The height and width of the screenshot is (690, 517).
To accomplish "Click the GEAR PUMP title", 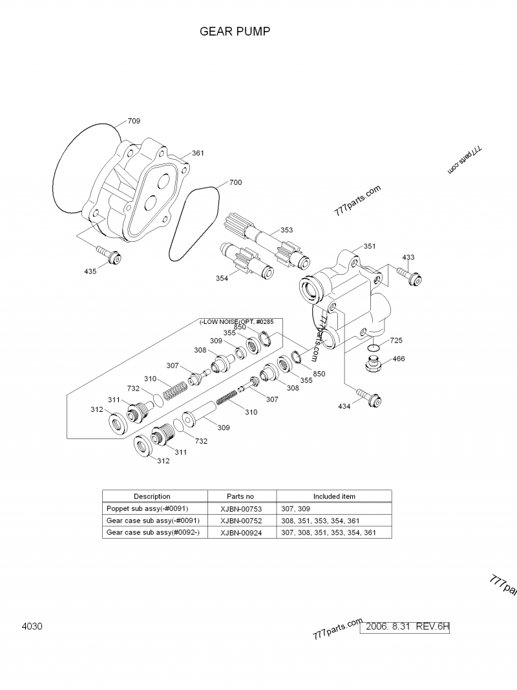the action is (x=235, y=31).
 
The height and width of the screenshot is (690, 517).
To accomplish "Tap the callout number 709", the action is (x=134, y=121).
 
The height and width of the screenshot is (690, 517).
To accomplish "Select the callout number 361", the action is (x=198, y=153).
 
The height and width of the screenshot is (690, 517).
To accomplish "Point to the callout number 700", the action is (x=236, y=182).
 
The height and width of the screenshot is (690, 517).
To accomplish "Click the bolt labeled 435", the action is (x=109, y=255).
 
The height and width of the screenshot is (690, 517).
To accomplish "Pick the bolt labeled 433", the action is (x=410, y=276).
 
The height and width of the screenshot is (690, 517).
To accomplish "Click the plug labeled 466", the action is (x=374, y=365).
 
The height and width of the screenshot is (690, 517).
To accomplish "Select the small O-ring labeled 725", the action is (x=374, y=348).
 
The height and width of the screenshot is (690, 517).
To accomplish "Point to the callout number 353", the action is (x=287, y=230).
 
